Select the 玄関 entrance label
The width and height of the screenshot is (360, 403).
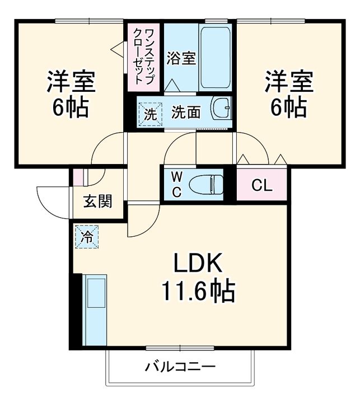98,201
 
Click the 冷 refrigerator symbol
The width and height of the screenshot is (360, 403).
87,236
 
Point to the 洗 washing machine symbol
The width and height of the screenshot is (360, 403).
150,112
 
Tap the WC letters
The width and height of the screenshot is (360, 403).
176,184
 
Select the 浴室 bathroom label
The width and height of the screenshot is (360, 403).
181,58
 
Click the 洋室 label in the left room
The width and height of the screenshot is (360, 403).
71,82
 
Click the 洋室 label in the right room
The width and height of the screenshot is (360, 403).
289,82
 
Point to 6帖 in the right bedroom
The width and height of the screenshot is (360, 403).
289,106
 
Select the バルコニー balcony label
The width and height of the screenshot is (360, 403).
180,367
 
